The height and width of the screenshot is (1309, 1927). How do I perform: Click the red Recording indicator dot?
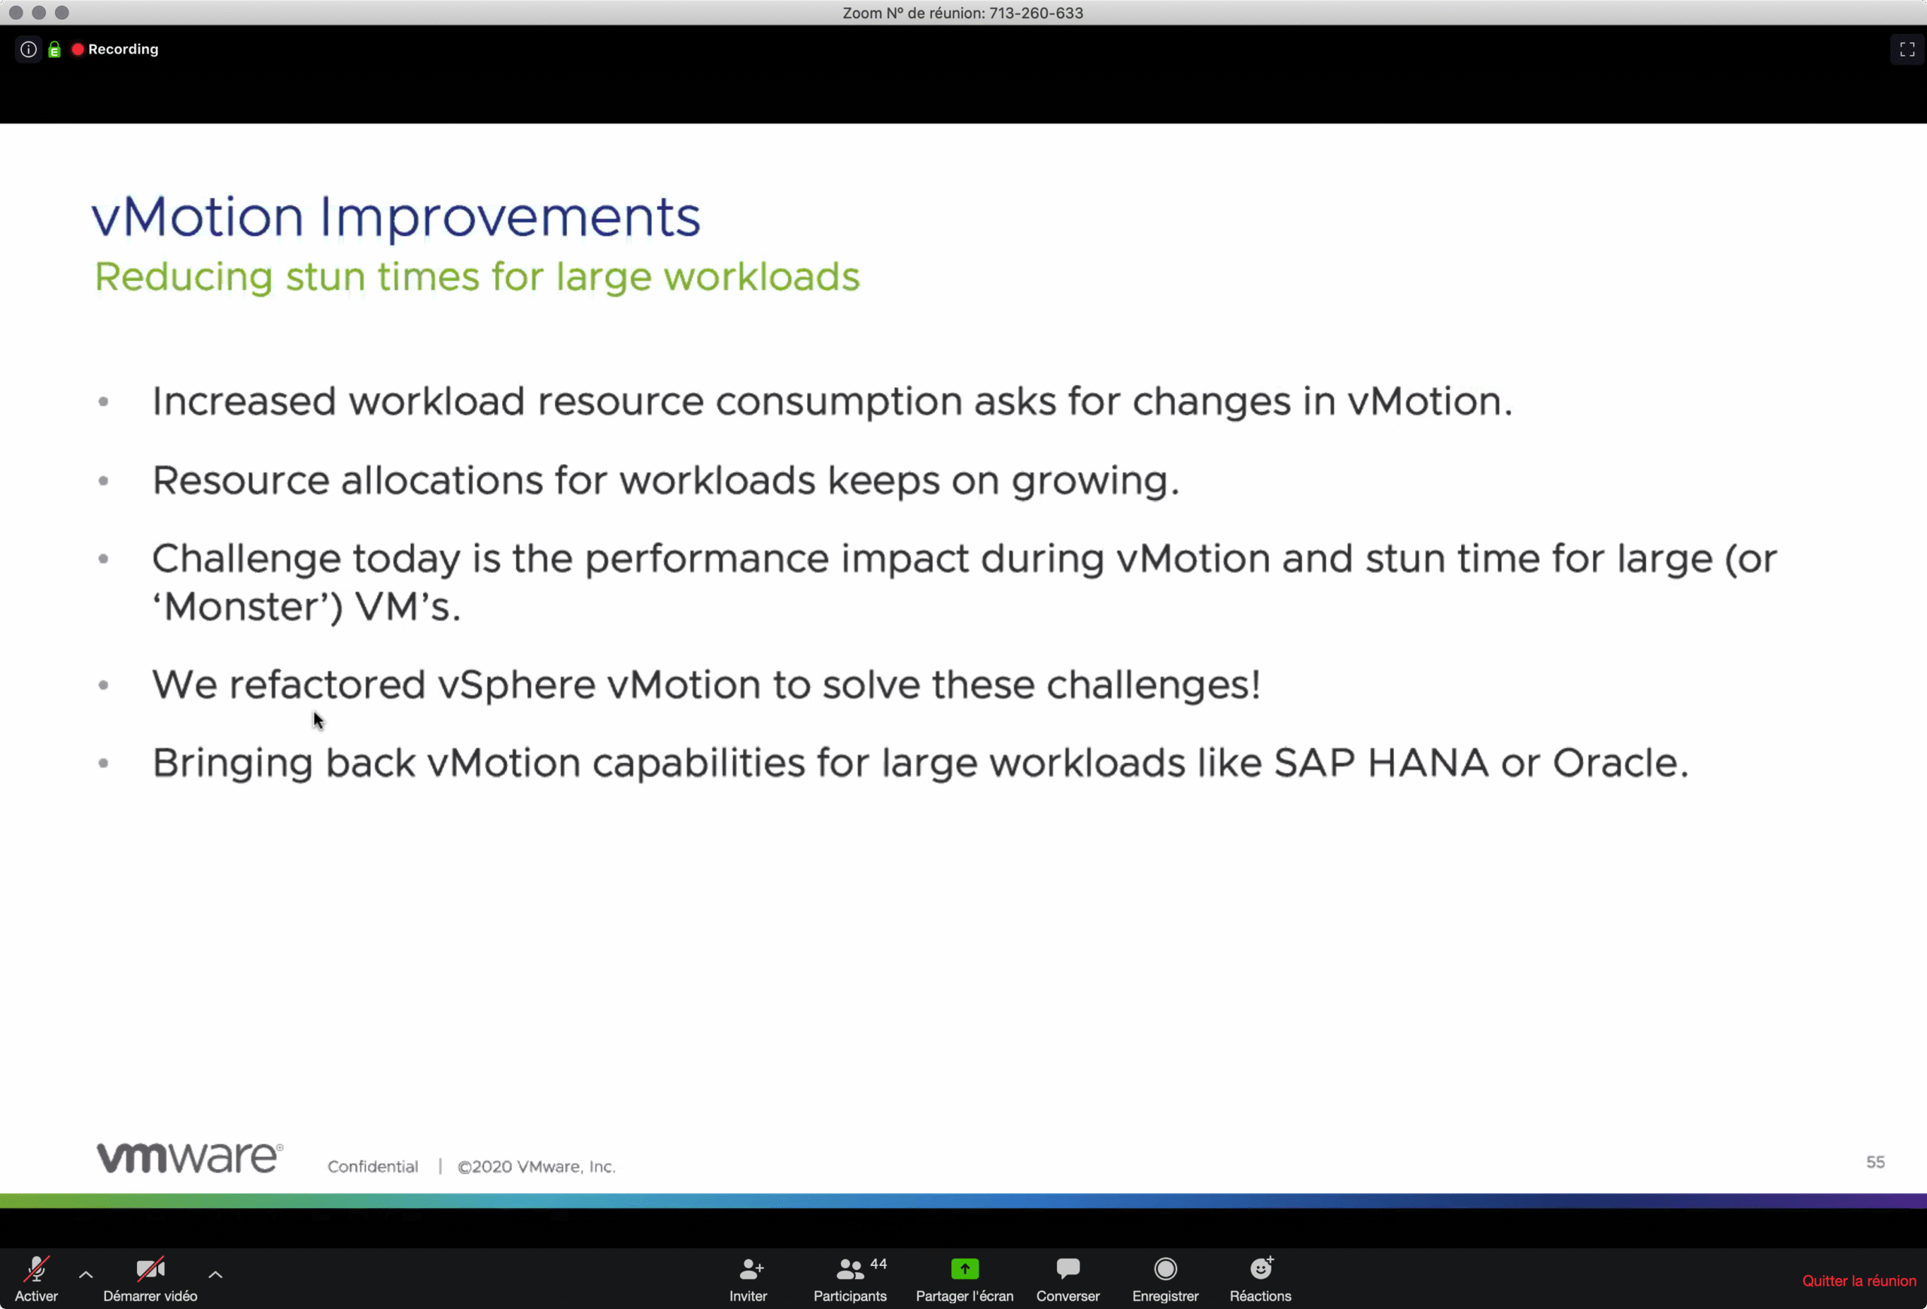coord(78,49)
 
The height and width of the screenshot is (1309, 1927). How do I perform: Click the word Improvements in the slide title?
coord(510,218)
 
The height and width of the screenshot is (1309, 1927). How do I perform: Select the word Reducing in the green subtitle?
coord(183,277)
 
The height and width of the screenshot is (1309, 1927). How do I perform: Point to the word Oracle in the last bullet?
coord(1620,762)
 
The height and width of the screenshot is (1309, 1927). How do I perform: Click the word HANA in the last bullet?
coord(1428,762)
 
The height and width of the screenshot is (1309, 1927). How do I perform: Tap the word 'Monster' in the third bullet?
coord(247,606)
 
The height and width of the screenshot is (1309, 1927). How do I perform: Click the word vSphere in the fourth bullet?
coord(516,685)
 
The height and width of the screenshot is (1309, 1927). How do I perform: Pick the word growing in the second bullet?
coord(1095,481)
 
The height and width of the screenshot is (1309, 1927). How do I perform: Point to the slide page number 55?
coord(1875,1162)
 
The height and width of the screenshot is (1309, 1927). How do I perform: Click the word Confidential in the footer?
coord(373,1167)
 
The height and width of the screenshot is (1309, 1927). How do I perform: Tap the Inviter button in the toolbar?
coord(748,1278)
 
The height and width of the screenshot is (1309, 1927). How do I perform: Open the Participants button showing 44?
coord(850,1278)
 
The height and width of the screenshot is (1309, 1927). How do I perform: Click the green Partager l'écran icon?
coord(964,1268)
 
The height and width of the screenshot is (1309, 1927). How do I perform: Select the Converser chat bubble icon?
coord(1068,1268)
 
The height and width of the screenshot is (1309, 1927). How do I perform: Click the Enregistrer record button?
coord(1165,1278)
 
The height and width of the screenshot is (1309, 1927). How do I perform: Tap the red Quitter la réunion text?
coord(1859,1281)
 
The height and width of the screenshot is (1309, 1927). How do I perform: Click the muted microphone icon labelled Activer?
coord(36,1269)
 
